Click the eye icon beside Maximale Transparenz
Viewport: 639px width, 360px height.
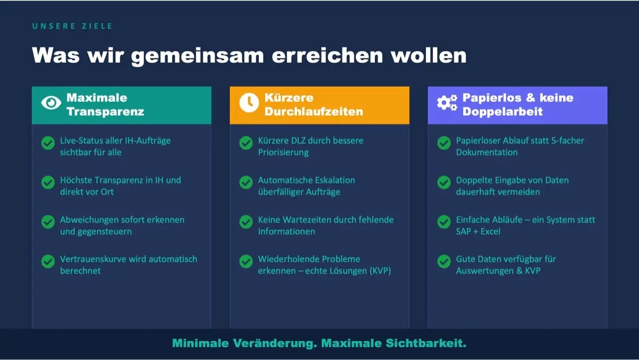[51, 103]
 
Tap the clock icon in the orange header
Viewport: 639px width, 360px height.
[249, 103]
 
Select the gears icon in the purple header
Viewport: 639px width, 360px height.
[447, 103]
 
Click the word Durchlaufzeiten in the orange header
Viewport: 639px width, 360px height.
[314, 111]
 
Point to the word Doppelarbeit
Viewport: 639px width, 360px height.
[502, 111]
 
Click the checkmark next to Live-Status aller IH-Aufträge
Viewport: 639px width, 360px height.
[48, 143]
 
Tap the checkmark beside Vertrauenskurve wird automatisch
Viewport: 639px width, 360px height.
[48, 261]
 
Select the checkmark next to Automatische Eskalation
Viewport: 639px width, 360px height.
[246, 182]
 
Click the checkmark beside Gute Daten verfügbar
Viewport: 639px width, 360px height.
[444, 261]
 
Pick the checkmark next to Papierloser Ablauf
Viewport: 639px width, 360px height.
[444, 143]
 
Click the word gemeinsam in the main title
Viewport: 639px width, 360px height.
[198, 56]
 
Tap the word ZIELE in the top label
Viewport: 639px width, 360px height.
[97, 26]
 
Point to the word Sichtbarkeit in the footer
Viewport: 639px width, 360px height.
[426, 343]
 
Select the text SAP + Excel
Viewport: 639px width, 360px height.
[478, 231]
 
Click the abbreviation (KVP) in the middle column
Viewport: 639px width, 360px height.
[380, 271]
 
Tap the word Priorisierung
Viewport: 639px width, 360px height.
[283, 153]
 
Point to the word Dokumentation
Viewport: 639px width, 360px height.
[487, 152]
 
